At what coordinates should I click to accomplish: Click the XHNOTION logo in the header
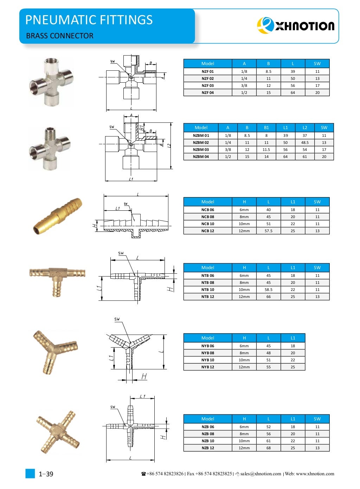point(296,26)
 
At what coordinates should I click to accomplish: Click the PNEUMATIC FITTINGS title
point(89,20)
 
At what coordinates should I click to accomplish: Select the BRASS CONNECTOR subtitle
point(60,36)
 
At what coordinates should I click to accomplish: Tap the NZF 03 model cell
point(207,85)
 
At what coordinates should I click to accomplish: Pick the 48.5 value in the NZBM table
point(304,142)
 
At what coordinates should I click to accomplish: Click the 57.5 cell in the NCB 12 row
point(268,231)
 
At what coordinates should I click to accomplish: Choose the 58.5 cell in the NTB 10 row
point(268,290)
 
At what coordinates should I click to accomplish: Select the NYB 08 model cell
point(207,353)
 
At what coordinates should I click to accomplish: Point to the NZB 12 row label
point(207,448)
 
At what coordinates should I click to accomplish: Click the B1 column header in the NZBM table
point(266,127)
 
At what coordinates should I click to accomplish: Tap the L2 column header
point(304,127)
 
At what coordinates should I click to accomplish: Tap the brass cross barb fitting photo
point(58,432)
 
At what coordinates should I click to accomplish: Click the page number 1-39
point(46,474)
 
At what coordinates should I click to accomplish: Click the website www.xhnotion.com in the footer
point(315,474)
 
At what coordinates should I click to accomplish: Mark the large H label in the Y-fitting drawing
point(144,377)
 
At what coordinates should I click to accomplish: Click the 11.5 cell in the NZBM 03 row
point(266,150)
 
